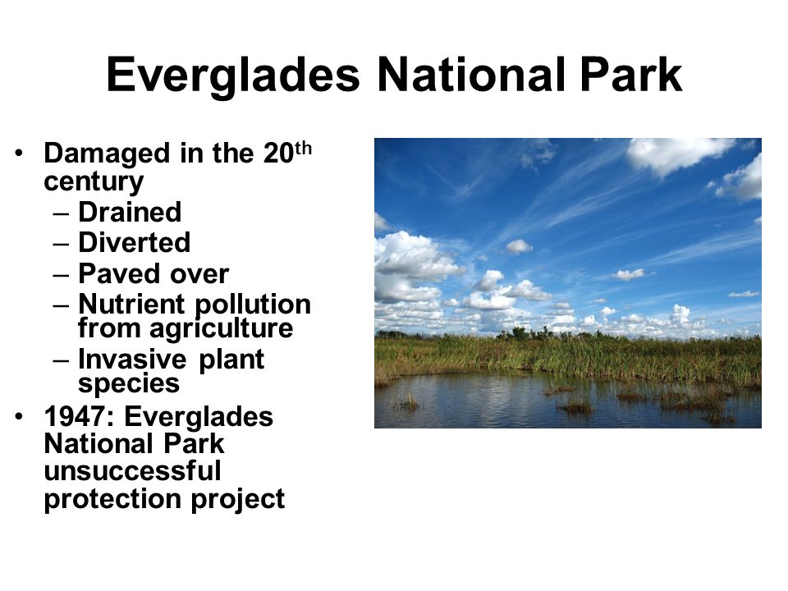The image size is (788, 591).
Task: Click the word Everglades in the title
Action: [x=233, y=76]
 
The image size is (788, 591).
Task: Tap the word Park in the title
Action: [x=631, y=75]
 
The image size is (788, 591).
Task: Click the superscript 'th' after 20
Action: [x=303, y=149]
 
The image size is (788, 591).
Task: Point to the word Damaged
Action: [x=107, y=154]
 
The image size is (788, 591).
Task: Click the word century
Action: [x=94, y=182]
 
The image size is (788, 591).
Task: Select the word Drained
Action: [x=130, y=212]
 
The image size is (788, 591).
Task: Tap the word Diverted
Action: [x=134, y=243]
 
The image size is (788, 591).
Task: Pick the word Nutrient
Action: [x=131, y=304]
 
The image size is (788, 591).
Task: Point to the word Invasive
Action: [x=132, y=360]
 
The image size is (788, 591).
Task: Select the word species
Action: [x=129, y=384]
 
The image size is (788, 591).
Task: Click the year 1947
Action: [x=77, y=417]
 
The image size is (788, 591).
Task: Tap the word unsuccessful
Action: [x=133, y=471]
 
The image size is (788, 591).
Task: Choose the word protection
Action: [x=112, y=500]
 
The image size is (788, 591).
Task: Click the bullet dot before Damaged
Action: [x=19, y=153]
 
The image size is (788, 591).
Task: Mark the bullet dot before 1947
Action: [x=19, y=416]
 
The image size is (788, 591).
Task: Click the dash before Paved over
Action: [x=61, y=276]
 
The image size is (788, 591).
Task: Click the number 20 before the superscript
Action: [x=278, y=153]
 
